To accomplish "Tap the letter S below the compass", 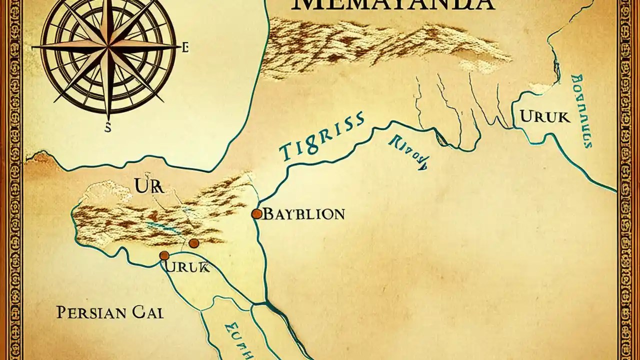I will [107, 128].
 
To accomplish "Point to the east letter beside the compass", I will [185, 48].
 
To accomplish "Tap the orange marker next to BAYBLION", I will [256, 214].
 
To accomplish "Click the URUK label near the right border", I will [544, 117].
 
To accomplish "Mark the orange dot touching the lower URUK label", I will [164, 255].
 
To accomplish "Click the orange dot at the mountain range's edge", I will [193, 243].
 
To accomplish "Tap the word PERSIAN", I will [89, 313].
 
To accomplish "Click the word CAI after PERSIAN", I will [148, 313].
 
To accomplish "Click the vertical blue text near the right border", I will [581, 111].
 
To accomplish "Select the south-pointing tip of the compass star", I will [107, 117].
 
